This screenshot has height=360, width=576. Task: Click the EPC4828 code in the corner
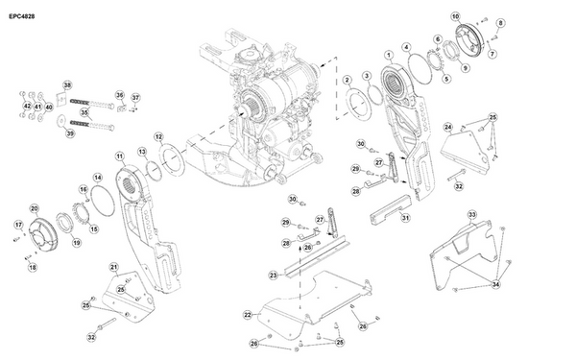(22, 13)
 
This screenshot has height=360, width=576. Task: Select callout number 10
(455, 15)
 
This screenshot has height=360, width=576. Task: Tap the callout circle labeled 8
(499, 22)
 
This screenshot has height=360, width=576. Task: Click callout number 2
(348, 80)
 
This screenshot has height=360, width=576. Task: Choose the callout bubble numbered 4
(407, 46)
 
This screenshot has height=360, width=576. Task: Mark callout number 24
(448, 127)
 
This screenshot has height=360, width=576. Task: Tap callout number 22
(247, 314)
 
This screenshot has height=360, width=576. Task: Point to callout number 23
(273, 276)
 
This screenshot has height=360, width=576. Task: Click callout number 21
(112, 267)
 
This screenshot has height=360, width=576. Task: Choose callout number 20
(35, 208)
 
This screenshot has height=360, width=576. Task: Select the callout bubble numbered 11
(119, 156)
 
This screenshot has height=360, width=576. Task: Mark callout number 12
(158, 137)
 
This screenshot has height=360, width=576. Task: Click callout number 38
(67, 85)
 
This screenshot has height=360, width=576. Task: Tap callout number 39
(69, 133)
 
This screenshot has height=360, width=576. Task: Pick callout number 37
(135, 98)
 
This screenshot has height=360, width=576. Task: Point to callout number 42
(26, 107)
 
